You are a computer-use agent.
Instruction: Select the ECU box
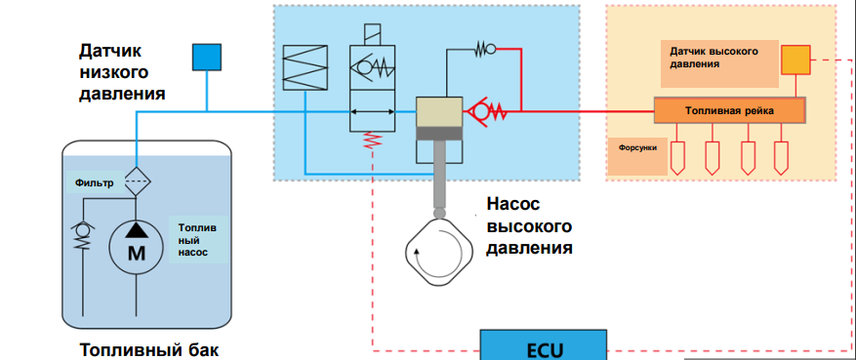[545, 347]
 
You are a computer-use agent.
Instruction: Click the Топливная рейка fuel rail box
[729, 110]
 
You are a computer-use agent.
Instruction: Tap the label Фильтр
[95, 182]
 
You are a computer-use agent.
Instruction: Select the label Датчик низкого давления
[122, 71]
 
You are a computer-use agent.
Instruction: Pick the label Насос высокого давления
[528, 225]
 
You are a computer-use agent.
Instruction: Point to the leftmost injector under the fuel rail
[677, 156]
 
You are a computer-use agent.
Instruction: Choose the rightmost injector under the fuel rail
[782, 156]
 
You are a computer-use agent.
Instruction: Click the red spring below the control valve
[372, 143]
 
